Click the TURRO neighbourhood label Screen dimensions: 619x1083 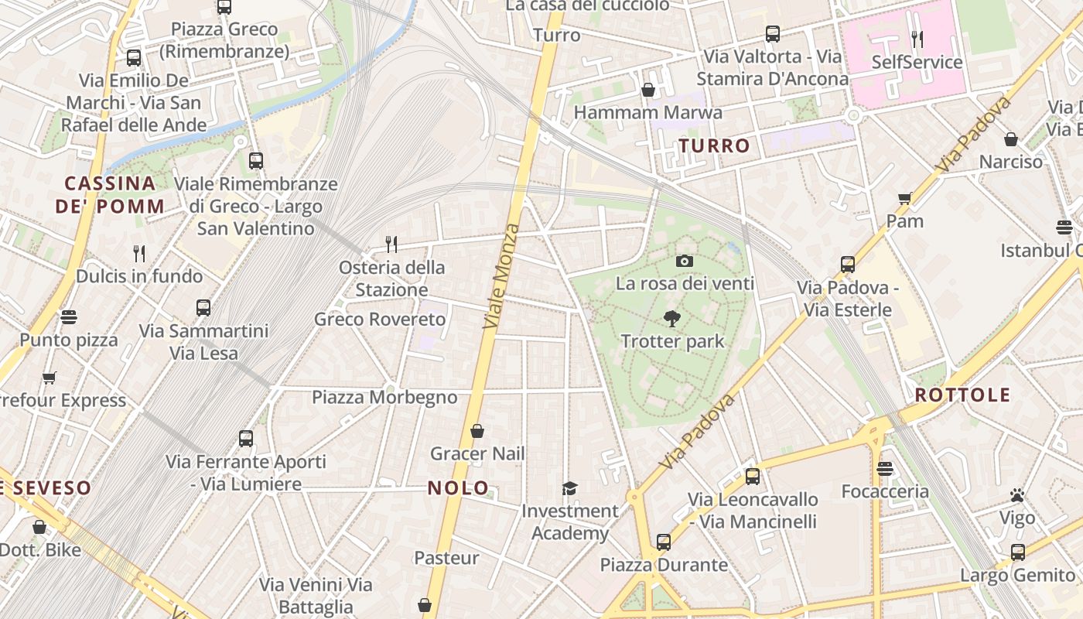[x=715, y=145]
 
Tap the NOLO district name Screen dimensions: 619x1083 [x=459, y=487]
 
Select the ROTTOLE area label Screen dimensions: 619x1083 [x=963, y=395]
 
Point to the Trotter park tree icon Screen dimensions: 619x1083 [x=671, y=318]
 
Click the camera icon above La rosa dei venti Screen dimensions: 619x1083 [x=684, y=261]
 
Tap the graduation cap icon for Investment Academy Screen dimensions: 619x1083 [x=569, y=488]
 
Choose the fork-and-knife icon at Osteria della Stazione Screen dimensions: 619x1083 [x=391, y=245]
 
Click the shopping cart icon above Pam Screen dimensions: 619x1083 [x=905, y=198]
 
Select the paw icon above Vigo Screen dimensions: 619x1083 [x=1017, y=495]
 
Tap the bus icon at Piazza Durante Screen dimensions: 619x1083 [x=664, y=542]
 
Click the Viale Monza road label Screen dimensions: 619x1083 [x=502, y=276]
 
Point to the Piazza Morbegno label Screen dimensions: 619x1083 [x=384, y=398]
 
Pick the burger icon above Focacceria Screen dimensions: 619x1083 [x=885, y=468]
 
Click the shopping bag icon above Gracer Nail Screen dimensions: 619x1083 [x=477, y=430]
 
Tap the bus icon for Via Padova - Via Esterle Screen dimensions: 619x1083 [x=848, y=265]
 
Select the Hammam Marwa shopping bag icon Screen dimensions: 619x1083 [x=648, y=90]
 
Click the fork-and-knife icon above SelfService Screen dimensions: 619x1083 [x=917, y=39]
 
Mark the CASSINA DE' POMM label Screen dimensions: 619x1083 [x=109, y=195]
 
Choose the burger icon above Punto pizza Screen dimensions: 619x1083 [x=69, y=316]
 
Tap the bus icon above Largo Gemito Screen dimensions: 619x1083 [x=1017, y=552]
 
